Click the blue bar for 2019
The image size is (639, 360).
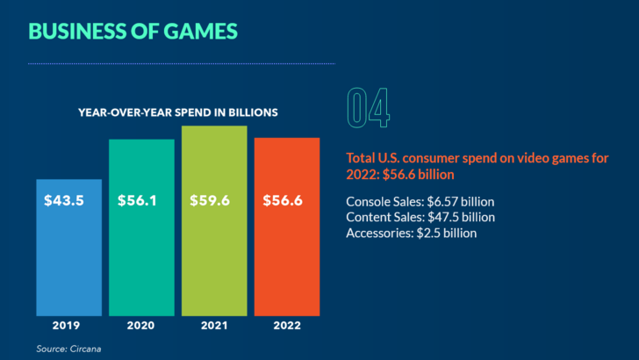(68, 255)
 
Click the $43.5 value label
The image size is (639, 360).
(64, 200)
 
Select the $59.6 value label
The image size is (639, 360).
(210, 200)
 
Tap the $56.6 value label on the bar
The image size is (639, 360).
(282, 200)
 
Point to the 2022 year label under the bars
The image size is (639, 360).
(285, 326)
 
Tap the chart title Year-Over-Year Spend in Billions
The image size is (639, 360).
(178, 112)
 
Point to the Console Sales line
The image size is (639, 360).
(420, 201)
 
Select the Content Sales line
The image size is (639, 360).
(420, 217)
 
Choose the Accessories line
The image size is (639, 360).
(412, 233)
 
